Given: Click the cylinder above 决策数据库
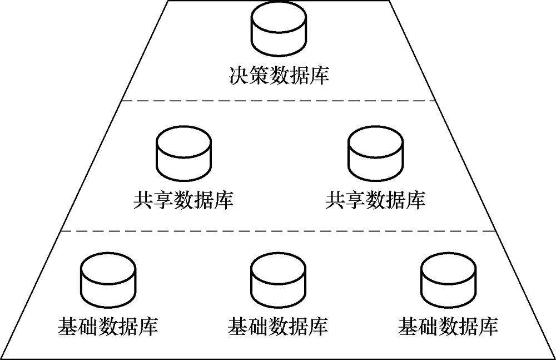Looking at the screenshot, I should click(278, 30).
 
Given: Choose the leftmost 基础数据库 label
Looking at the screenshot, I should click(108, 325).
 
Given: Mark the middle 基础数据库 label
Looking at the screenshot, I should click(278, 325).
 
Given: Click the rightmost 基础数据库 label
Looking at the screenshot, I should click(448, 325).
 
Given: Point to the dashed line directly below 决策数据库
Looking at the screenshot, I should click(278, 101).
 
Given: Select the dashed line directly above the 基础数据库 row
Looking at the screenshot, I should click(278, 230).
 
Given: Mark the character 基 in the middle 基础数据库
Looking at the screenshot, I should click(238, 325).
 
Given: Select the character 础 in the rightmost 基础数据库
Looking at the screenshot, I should click(428, 325).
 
